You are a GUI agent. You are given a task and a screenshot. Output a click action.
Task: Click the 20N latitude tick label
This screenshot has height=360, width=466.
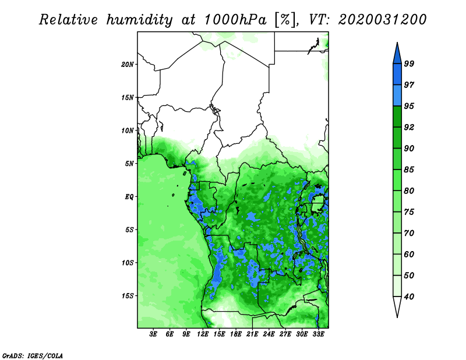tap(128, 65)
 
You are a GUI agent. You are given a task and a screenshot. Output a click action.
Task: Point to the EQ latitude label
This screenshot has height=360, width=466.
tap(129, 197)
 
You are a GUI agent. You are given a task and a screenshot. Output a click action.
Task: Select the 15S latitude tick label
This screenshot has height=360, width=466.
tap(128, 296)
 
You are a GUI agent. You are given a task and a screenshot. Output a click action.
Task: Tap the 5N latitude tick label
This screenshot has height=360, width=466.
tap(129, 164)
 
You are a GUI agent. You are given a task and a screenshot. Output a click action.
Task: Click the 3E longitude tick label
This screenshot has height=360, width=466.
tap(153, 334)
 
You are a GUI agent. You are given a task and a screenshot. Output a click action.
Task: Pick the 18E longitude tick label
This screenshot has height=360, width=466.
tap(236, 334)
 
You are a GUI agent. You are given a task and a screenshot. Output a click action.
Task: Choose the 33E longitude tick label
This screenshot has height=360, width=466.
tap(318, 334)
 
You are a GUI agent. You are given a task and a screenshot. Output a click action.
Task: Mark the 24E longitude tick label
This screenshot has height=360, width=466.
tap(269, 334)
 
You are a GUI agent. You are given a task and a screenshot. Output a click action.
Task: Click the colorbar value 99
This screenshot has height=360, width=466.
tap(409, 63)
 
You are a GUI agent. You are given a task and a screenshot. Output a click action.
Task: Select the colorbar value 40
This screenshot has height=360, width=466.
tap(409, 297)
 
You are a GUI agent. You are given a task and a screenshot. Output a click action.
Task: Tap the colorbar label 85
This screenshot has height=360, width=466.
tap(409, 170)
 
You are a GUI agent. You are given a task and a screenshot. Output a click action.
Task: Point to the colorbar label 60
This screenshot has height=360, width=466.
tap(409, 255)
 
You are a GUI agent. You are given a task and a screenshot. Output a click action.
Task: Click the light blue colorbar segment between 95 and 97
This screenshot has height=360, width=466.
tap(397, 96)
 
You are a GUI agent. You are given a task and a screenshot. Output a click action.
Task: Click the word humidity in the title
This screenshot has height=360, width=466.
tap(139, 20)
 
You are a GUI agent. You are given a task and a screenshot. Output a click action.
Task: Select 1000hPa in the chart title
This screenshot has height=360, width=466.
tap(235, 20)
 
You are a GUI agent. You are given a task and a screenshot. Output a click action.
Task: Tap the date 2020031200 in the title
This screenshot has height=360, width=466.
tap(382, 20)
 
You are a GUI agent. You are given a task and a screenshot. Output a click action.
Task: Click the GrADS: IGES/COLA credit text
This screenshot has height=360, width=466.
tap(33, 355)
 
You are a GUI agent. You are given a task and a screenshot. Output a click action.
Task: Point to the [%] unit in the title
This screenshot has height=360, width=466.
tap(286, 20)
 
